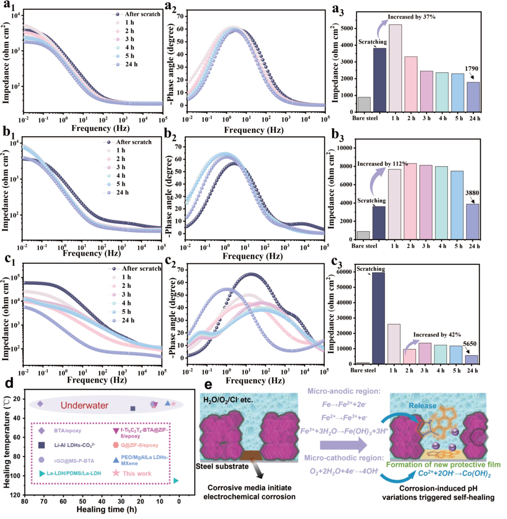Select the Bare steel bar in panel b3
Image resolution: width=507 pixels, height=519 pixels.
tap(363, 235)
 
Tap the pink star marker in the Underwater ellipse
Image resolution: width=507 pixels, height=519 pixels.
tap(173, 403)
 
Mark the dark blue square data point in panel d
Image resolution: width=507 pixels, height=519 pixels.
tap(133, 408)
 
